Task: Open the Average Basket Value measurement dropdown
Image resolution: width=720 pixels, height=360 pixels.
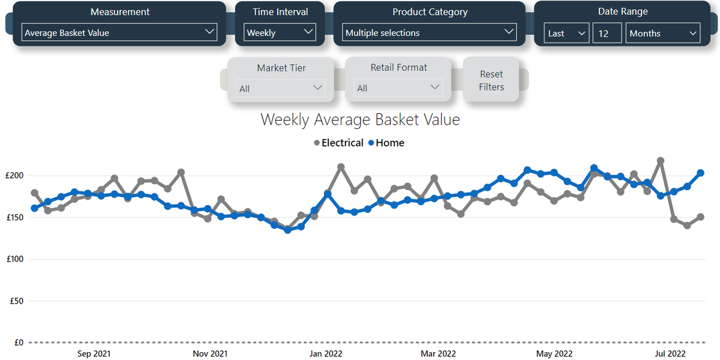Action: [x=119, y=32]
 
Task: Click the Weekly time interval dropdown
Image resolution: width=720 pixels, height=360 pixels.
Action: [x=280, y=32]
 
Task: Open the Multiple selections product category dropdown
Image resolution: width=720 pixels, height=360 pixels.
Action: [x=430, y=32]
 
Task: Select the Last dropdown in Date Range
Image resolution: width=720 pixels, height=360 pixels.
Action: [x=566, y=34]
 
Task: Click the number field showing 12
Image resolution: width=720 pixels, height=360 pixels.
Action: [x=607, y=34]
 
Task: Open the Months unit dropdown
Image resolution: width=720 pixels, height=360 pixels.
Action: [x=663, y=34]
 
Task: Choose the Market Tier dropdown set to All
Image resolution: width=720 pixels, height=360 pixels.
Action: [x=281, y=88]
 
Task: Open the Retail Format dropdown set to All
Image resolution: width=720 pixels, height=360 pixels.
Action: [x=398, y=88]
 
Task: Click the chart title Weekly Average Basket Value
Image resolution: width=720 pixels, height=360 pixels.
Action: [x=360, y=119]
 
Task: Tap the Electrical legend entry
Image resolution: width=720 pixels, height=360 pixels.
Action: [x=339, y=143]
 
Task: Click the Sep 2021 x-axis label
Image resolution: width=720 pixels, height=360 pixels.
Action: [x=94, y=354]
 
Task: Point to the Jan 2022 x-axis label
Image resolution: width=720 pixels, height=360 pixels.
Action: [x=325, y=354]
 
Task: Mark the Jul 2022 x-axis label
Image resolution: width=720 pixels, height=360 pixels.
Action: [x=670, y=354]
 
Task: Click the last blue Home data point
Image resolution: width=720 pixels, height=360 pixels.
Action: [x=700, y=173]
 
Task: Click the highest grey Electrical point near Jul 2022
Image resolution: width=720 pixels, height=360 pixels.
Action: [x=661, y=161]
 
